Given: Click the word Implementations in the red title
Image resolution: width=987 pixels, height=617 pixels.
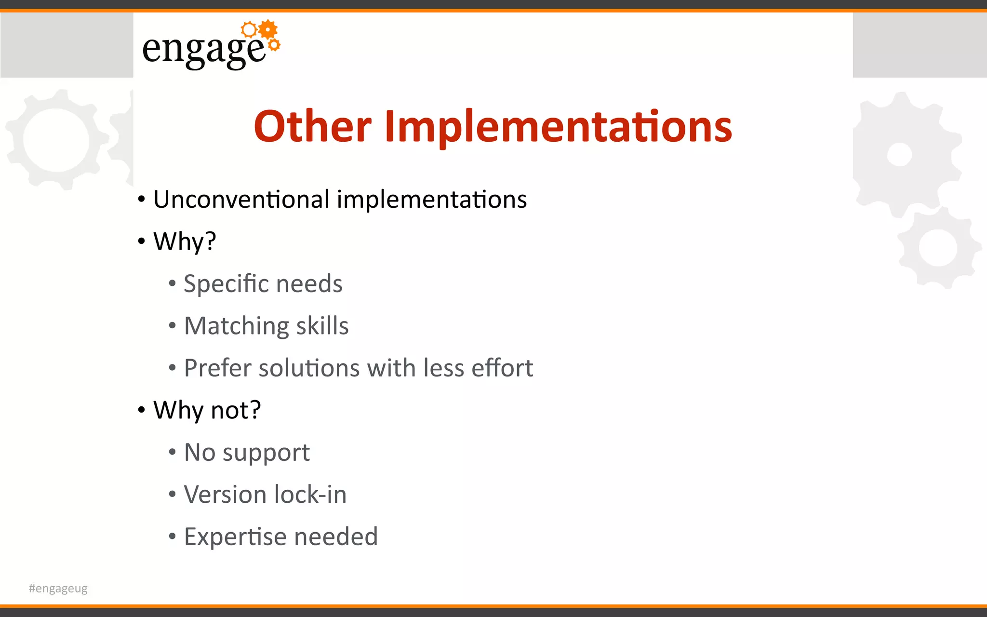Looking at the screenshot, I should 558,126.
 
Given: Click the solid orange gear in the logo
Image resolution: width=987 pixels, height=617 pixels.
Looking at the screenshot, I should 268,30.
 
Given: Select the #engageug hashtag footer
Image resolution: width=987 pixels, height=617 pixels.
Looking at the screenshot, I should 58,589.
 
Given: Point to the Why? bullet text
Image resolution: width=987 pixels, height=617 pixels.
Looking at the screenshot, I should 185,241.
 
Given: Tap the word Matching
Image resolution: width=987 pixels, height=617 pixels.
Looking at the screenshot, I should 236,326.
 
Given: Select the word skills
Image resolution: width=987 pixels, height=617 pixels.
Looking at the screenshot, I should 322,326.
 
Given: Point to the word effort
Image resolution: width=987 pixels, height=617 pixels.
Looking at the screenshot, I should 502,368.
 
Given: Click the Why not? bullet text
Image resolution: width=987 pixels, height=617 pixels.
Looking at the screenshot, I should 207,410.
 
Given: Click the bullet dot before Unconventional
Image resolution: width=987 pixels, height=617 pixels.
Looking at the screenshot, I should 141,199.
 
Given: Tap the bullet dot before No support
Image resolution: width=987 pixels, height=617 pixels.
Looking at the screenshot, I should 172,452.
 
